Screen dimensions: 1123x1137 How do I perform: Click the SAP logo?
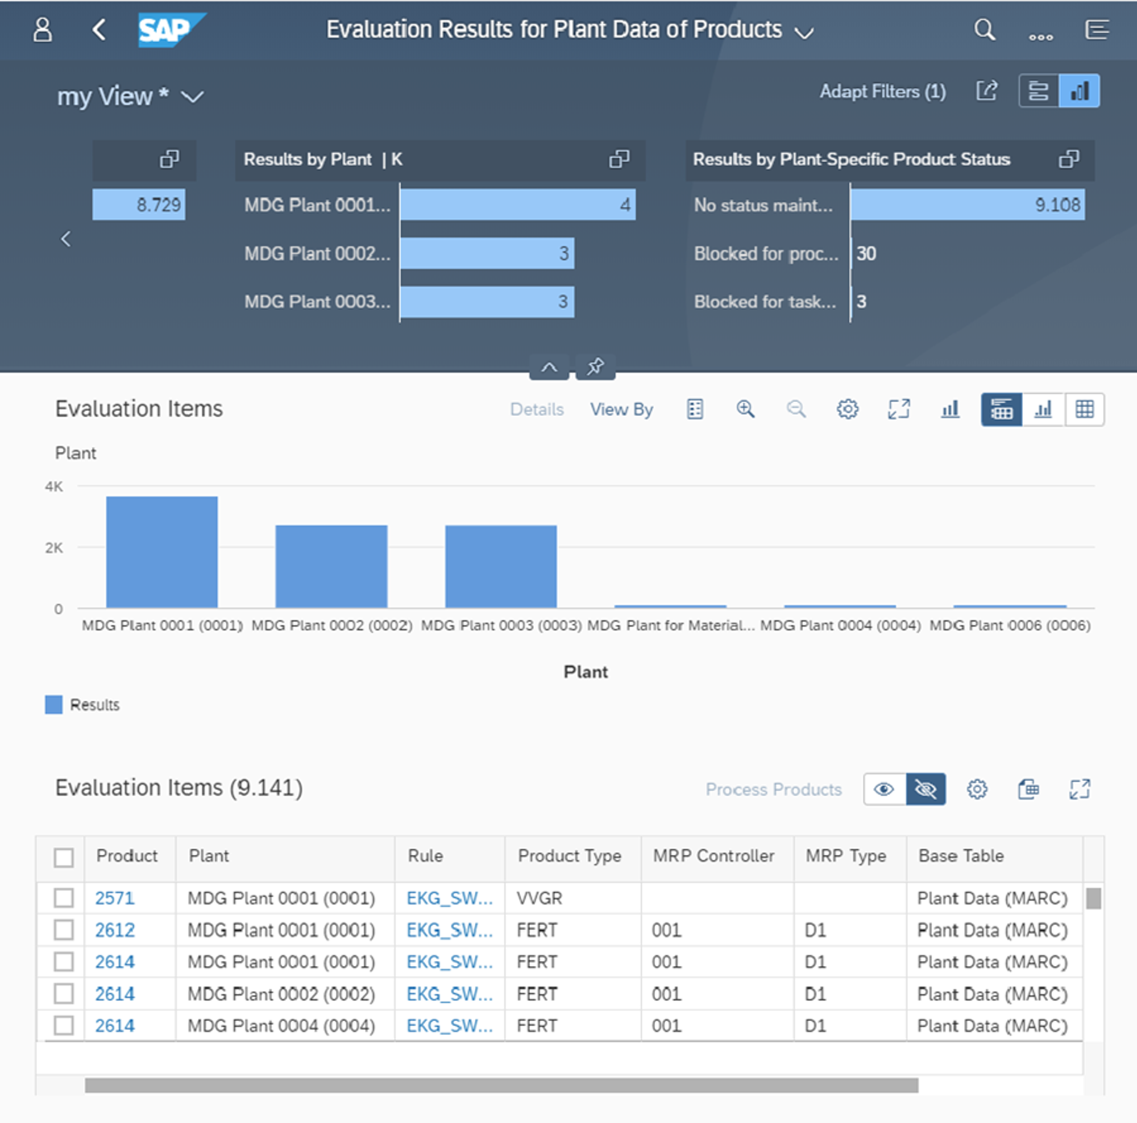tap(171, 30)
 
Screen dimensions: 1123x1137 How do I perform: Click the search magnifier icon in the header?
tap(984, 30)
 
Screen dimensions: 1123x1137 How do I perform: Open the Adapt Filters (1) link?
tap(882, 91)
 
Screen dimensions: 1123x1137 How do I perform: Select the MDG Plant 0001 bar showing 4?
tap(517, 205)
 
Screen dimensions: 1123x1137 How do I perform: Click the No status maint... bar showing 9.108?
tap(967, 205)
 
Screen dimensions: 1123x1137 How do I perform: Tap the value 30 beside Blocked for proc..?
tap(866, 253)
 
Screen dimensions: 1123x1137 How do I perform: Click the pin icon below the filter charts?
tap(595, 367)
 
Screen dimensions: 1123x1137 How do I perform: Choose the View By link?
tap(621, 409)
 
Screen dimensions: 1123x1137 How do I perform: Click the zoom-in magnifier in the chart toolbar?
tap(745, 409)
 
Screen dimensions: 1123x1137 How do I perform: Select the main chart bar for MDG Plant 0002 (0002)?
tap(331, 566)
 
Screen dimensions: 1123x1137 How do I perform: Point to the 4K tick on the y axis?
tap(53, 486)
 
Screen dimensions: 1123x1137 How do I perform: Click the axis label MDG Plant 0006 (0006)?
tap(1009, 625)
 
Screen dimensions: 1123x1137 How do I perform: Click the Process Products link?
tap(773, 789)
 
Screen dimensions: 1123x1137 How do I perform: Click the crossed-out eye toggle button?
tap(925, 789)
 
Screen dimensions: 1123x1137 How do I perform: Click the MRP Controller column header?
tap(713, 856)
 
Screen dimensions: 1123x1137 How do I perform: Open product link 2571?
tap(115, 899)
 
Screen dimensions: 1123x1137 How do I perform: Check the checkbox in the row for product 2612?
tap(64, 930)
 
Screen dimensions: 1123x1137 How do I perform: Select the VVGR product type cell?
tap(539, 899)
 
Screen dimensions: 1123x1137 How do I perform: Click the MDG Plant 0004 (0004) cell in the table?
tap(281, 1026)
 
